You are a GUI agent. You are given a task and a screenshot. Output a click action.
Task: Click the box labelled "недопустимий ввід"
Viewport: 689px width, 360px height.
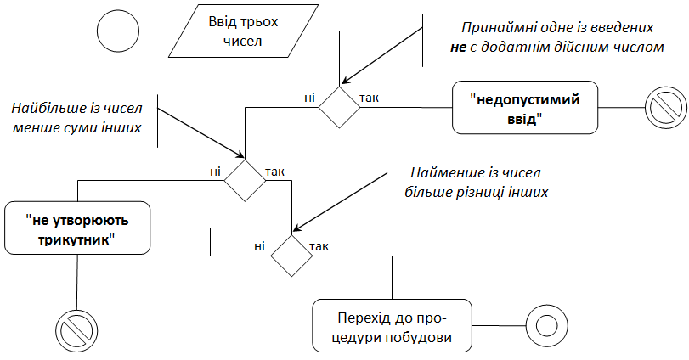click(x=524, y=108)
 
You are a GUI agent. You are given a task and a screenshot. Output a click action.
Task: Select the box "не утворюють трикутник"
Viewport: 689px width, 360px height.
click(x=78, y=228)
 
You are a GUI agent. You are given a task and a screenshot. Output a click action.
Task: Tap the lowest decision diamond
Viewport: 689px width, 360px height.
click(x=292, y=254)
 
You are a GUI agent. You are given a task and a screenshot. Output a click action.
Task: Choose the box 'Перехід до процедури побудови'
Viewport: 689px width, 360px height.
click(x=391, y=326)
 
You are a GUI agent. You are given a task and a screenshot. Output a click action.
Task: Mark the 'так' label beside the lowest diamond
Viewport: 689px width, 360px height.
click(x=320, y=246)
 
